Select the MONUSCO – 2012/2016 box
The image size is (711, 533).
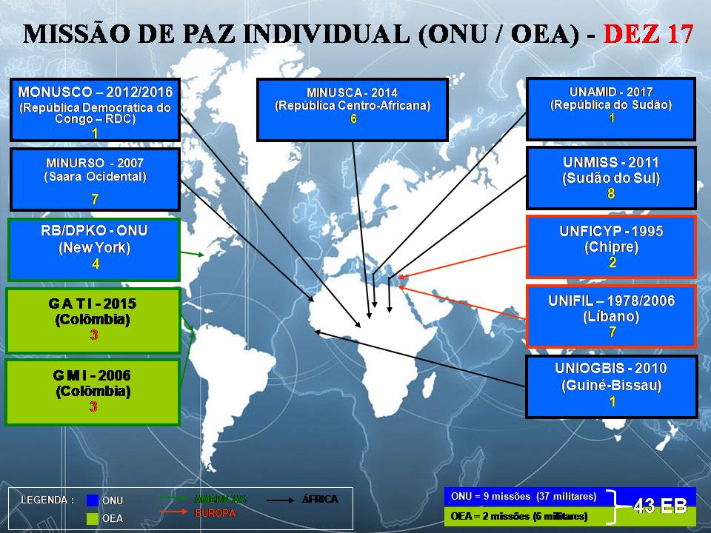click(x=96, y=110)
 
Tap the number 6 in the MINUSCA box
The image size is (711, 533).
click(x=353, y=118)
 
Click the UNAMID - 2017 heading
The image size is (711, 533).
click(x=611, y=92)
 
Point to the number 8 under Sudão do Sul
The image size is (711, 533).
click(x=611, y=193)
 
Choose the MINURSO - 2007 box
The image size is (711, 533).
click(x=96, y=179)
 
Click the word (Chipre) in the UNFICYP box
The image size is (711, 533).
click(x=611, y=247)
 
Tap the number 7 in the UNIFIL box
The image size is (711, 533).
click(x=612, y=332)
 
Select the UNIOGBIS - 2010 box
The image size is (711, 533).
click(x=611, y=386)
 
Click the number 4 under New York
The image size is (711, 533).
click(x=96, y=264)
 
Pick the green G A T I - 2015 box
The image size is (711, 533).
click(x=93, y=321)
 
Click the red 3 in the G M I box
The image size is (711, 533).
click(x=93, y=406)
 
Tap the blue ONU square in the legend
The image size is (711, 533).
click(x=93, y=500)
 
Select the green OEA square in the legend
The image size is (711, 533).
click(x=93, y=518)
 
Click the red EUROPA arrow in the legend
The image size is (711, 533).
click(x=173, y=512)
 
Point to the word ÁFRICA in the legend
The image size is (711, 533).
click(x=320, y=500)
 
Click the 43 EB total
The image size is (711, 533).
click(x=660, y=506)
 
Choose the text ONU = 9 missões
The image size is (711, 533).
click(x=484, y=496)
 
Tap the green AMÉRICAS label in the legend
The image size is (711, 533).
click(x=220, y=499)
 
